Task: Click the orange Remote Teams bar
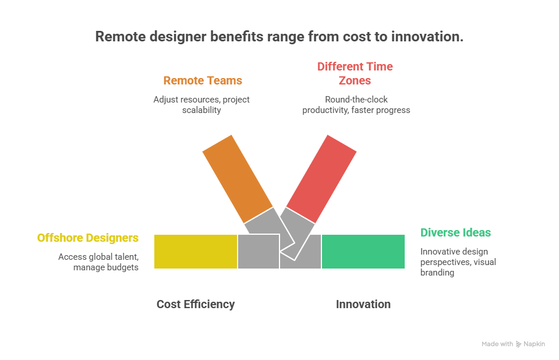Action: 238,175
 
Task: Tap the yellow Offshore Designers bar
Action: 196,252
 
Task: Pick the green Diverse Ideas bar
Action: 363,252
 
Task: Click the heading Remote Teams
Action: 202,80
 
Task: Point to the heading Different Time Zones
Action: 355,73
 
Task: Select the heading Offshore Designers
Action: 88,238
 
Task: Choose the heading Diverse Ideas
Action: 455,232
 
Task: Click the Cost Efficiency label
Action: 196,304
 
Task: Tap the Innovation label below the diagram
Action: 363,304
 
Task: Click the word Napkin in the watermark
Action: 534,344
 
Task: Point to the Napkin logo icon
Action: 518,344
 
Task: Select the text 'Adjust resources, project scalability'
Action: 201,104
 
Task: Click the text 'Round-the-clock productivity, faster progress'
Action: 356,104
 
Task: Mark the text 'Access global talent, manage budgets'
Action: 98,262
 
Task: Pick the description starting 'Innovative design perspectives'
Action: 458,262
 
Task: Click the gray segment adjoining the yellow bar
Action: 258,252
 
